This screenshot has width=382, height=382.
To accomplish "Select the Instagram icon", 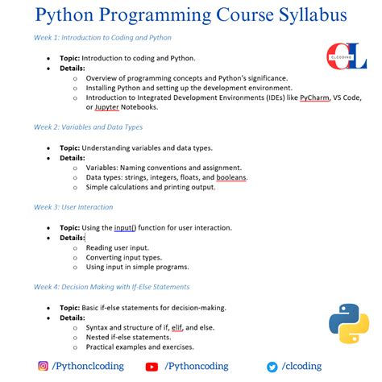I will tap(43, 366).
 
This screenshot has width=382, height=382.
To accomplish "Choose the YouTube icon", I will tap(152, 367).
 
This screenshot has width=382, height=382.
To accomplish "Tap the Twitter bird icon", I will tap(272, 367).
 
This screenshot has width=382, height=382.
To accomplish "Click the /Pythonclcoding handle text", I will tap(89, 366).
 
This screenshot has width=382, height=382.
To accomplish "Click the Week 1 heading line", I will tap(102, 38).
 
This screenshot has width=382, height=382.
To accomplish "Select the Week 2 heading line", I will tap(88, 127).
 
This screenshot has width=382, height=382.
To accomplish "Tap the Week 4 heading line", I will tap(111, 286).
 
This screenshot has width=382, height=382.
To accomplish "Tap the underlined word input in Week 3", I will tap(125, 227).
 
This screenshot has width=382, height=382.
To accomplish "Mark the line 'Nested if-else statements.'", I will tap(130, 337).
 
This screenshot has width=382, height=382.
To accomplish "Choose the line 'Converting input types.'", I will tap(126, 256).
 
